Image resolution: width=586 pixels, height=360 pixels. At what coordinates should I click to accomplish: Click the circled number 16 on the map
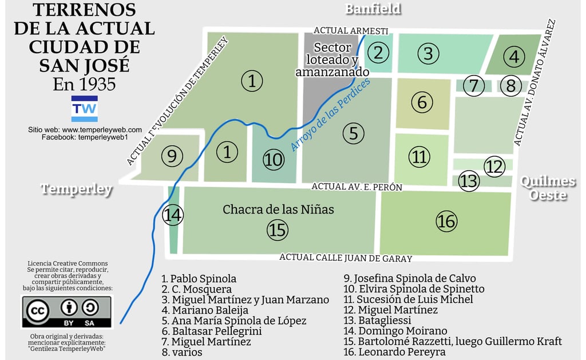coord(446,221)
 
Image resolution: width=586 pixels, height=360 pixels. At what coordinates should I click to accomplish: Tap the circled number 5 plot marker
coord(353,133)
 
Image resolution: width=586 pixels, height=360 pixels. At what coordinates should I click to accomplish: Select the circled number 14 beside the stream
coord(172,216)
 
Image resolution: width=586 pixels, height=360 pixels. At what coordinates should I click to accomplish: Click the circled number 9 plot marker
coord(172,155)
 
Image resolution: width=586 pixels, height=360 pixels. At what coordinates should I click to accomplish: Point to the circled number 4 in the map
coord(513,57)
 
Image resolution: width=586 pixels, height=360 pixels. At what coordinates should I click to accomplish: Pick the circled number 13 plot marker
coord(469,181)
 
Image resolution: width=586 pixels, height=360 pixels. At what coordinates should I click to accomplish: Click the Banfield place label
coord(373,9)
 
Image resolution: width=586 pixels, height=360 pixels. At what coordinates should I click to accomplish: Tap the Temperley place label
coord(77,189)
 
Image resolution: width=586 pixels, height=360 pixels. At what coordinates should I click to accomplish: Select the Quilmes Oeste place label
coord(548,188)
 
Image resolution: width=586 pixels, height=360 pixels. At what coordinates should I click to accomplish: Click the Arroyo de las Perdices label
coord(330,114)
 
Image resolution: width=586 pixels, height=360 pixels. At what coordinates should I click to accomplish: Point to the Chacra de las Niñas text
coord(278,209)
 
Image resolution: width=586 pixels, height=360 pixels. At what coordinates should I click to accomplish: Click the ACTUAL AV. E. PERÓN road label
coord(357,187)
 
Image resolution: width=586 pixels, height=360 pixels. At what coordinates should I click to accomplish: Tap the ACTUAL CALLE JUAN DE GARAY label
coord(346,258)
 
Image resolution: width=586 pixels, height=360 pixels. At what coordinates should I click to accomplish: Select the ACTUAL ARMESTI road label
coord(351,30)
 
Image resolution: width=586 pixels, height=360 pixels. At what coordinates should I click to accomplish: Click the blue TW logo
coord(84,109)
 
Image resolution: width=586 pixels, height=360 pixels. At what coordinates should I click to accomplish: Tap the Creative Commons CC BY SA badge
coord(67,312)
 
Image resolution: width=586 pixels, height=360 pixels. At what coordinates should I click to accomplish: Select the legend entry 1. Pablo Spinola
coord(199,279)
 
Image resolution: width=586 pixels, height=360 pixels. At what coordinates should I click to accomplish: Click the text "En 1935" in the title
coord(84,84)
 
